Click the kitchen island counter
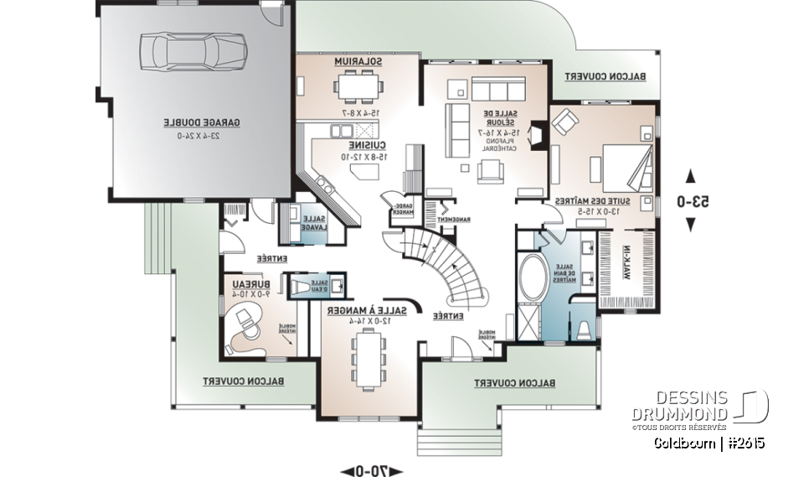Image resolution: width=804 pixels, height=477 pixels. [361, 172]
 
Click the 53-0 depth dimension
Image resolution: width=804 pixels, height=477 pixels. [691, 201]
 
